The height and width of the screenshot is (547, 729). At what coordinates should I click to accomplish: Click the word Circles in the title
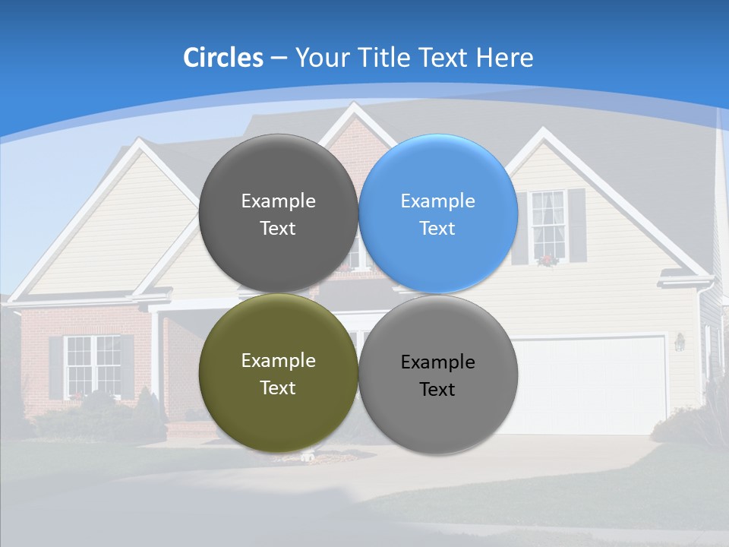[x=223, y=58]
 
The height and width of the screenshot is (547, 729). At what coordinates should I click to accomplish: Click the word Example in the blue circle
[x=438, y=201]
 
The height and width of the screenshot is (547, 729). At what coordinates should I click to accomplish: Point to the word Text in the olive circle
[x=278, y=388]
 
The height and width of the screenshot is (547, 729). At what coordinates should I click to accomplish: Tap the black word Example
[x=438, y=362]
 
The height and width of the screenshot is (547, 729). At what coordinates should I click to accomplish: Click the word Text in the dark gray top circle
[x=278, y=229]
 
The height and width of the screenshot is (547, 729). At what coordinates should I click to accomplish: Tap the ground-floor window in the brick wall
[x=93, y=365]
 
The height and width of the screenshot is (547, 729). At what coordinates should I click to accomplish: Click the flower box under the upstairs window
[x=547, y=261]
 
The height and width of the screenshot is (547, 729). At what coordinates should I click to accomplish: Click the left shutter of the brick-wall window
[x=55, y=367]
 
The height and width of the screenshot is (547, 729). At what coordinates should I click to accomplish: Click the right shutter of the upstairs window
[x=577, y=225]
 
